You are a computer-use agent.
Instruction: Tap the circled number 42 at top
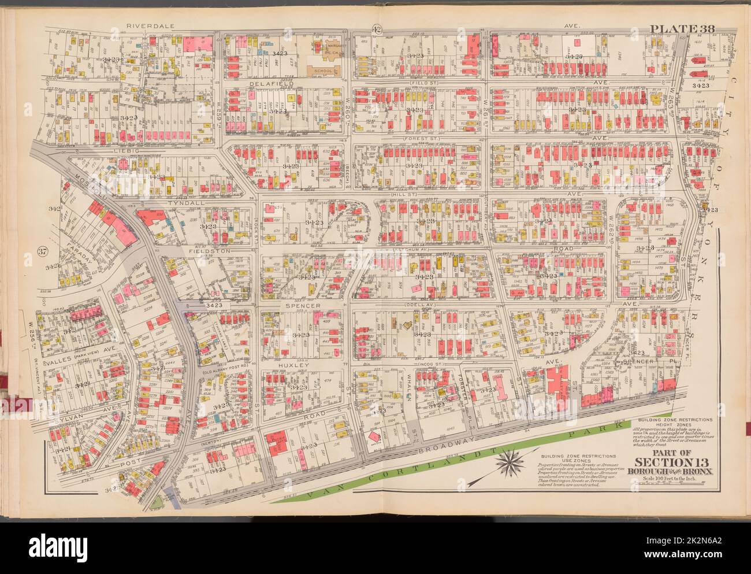(x=376, y=30)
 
